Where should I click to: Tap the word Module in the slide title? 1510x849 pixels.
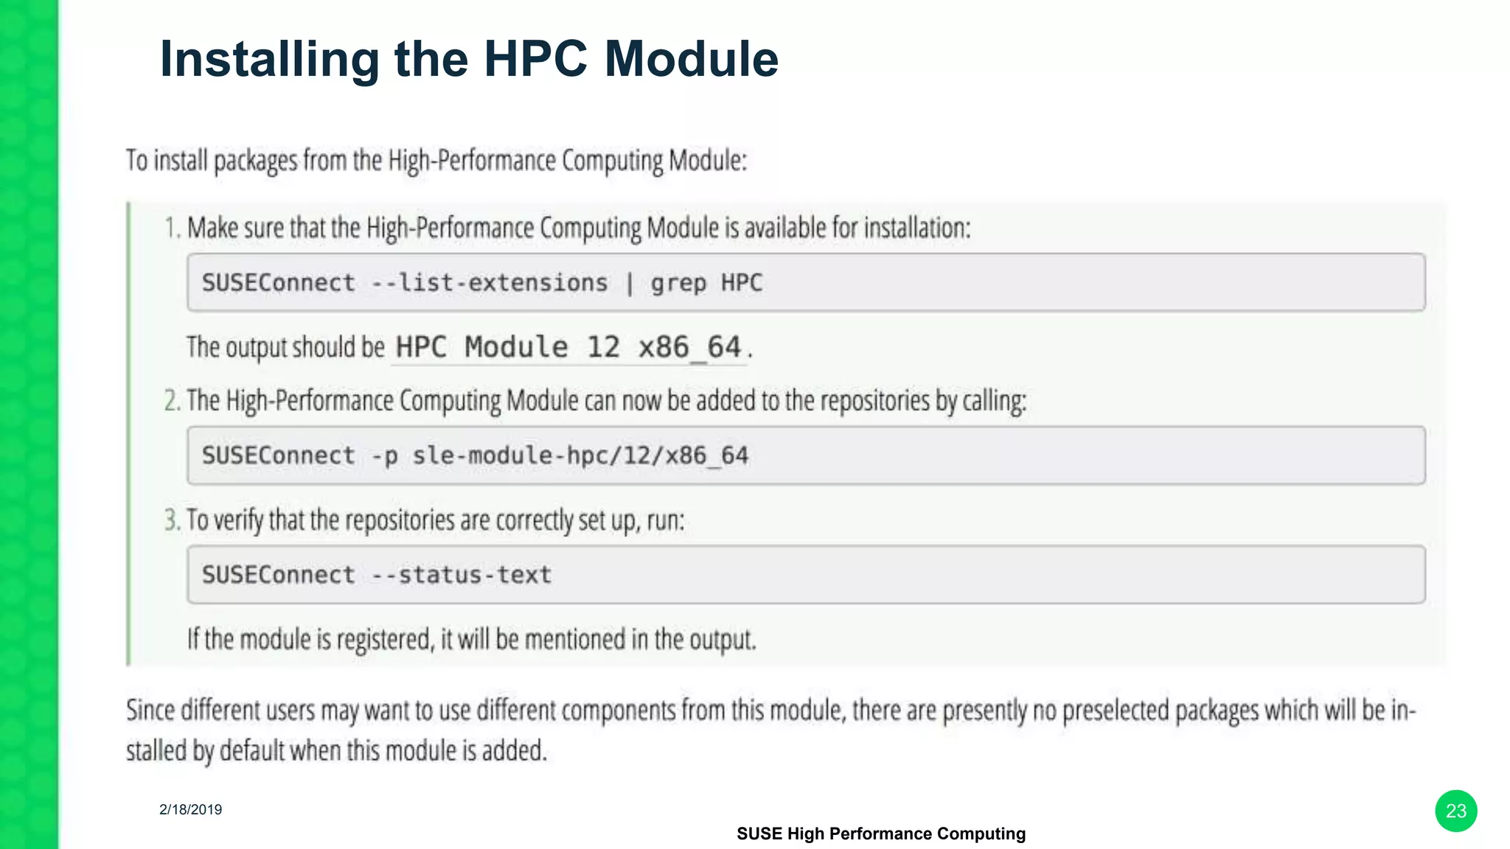click(x=691, y=59)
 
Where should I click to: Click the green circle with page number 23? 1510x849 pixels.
click(x=1455, y=811)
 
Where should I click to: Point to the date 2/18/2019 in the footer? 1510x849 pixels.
click(x=190, y=809)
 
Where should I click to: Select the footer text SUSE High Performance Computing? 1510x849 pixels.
click(x=880, y=834)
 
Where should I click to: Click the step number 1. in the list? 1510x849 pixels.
click(x=173, y=228)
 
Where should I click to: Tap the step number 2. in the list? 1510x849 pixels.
click(x=173, y=401)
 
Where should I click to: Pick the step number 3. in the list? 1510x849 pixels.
click(x=173, y=520)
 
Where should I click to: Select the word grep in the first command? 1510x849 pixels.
click(x=678, y=284)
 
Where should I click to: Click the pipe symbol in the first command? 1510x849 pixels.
click(x=629, y=284)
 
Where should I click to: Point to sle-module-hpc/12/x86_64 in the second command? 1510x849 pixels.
click(x=580, y=456)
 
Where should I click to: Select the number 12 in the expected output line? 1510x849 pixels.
click(x=603, y=347)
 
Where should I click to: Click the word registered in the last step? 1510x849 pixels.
click(x=384, y=640)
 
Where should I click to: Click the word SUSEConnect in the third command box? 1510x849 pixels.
click(x=278, y=575)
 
